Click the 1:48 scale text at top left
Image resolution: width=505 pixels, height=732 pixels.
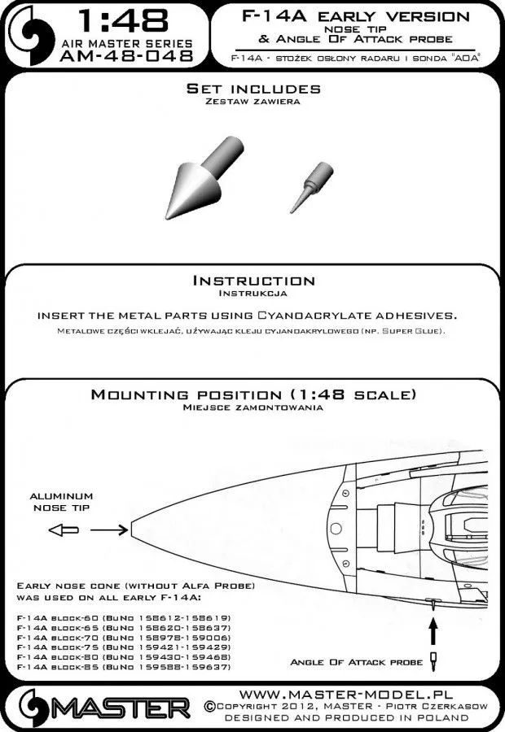pos(124,20)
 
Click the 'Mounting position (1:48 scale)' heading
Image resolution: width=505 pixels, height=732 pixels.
pos(254,394)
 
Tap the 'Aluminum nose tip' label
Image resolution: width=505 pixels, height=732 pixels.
pos(62,502)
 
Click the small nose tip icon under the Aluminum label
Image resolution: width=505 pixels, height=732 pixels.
pos(61,530)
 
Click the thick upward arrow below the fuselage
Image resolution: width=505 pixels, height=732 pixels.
pos(433,631)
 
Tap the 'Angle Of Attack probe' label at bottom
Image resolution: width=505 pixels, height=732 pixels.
pos(356,662)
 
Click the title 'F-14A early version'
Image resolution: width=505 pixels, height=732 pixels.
pos(355,17)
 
